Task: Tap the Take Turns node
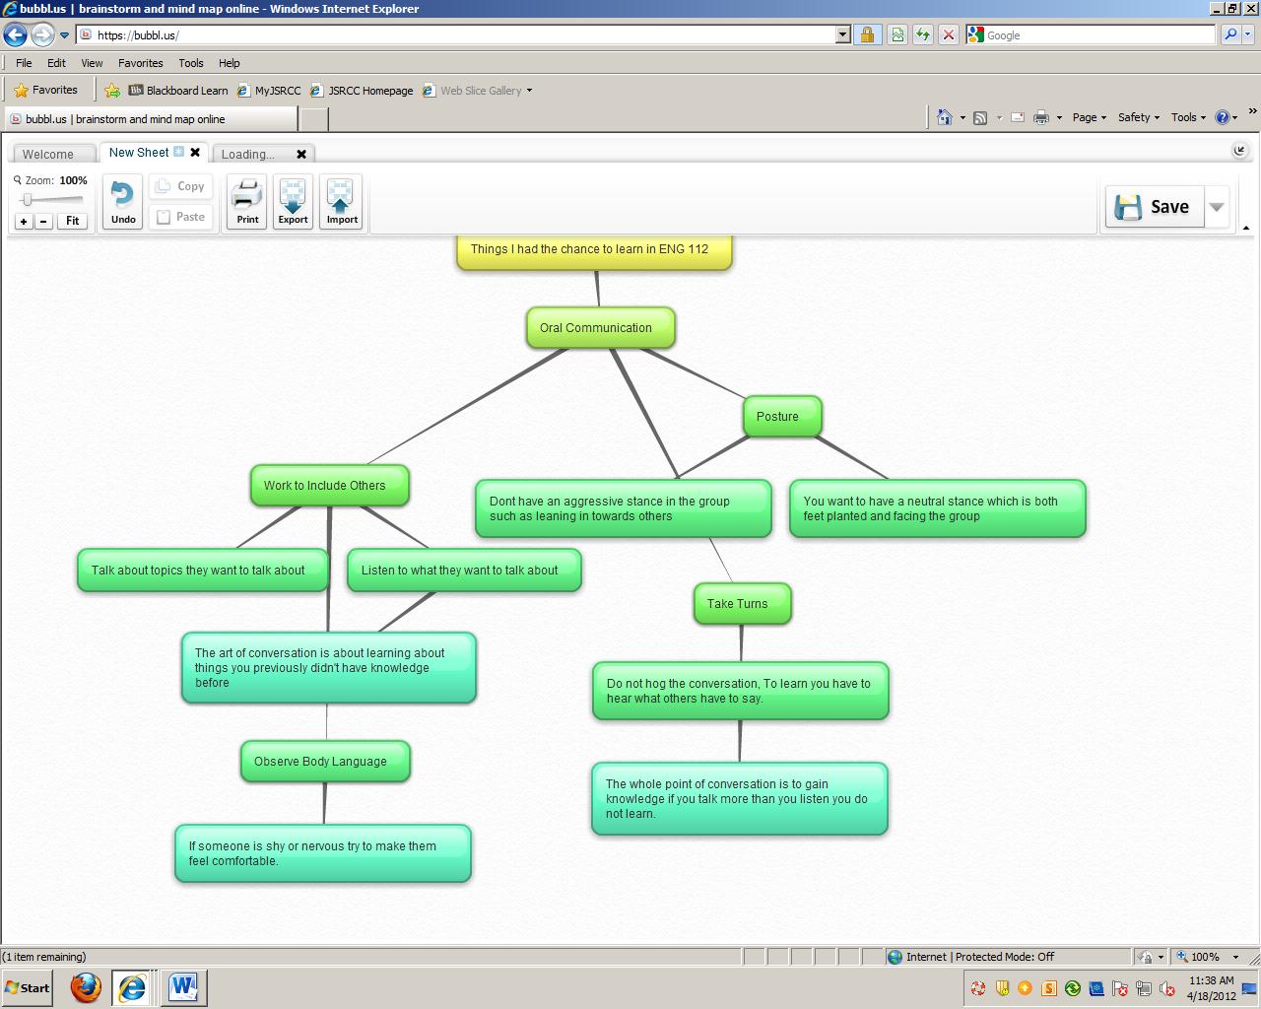tap(741, 603)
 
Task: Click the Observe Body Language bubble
tap(324, 762)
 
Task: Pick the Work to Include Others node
tap(329, 486)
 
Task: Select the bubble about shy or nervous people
tap(322, 853)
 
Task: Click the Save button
tap(1155, 207)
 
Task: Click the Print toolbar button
tap(247, 202)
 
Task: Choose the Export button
tap(293, 202)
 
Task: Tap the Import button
tap(341, 202)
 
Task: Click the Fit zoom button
tap(72, 221)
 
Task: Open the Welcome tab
tap(48, 154)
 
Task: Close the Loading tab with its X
tap(301, 154)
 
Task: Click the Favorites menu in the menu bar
tap(140, 63)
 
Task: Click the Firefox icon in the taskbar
tap(86, 987)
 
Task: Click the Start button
tap(27, 987)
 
